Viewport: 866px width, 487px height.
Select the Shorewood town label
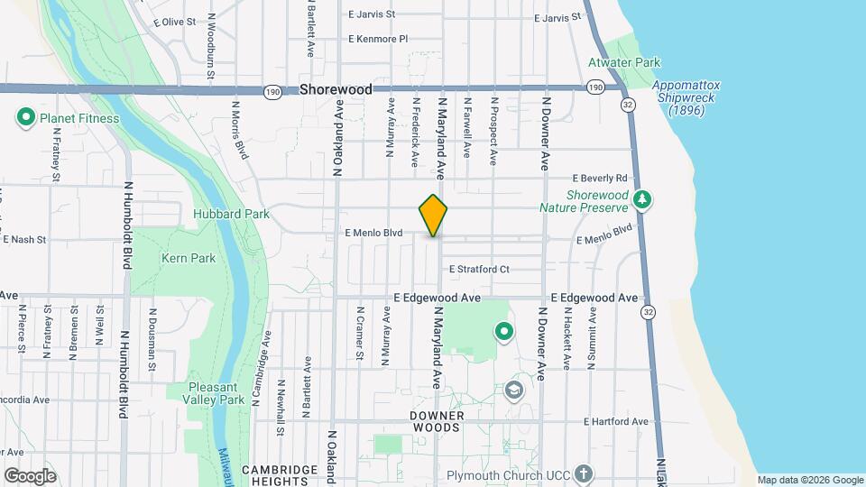(x=336, y=90)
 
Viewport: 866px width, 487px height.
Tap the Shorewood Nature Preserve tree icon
(x=641, y=199)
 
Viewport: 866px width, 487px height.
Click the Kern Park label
(x=188, y=258)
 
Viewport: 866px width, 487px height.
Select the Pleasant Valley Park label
(x=214, y=392)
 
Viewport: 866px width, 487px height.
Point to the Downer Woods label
(x=437, y=422)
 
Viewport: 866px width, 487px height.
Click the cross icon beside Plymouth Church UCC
(x=584, y=473)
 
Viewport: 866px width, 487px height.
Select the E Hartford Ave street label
(x=615, y=421)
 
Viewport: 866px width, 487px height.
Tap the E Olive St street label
(x=175, y=22)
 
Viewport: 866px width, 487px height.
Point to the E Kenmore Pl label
(x=378, y=39)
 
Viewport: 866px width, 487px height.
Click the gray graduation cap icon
(x=514, y=391)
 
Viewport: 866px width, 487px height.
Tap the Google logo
(x=30, y=475)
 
